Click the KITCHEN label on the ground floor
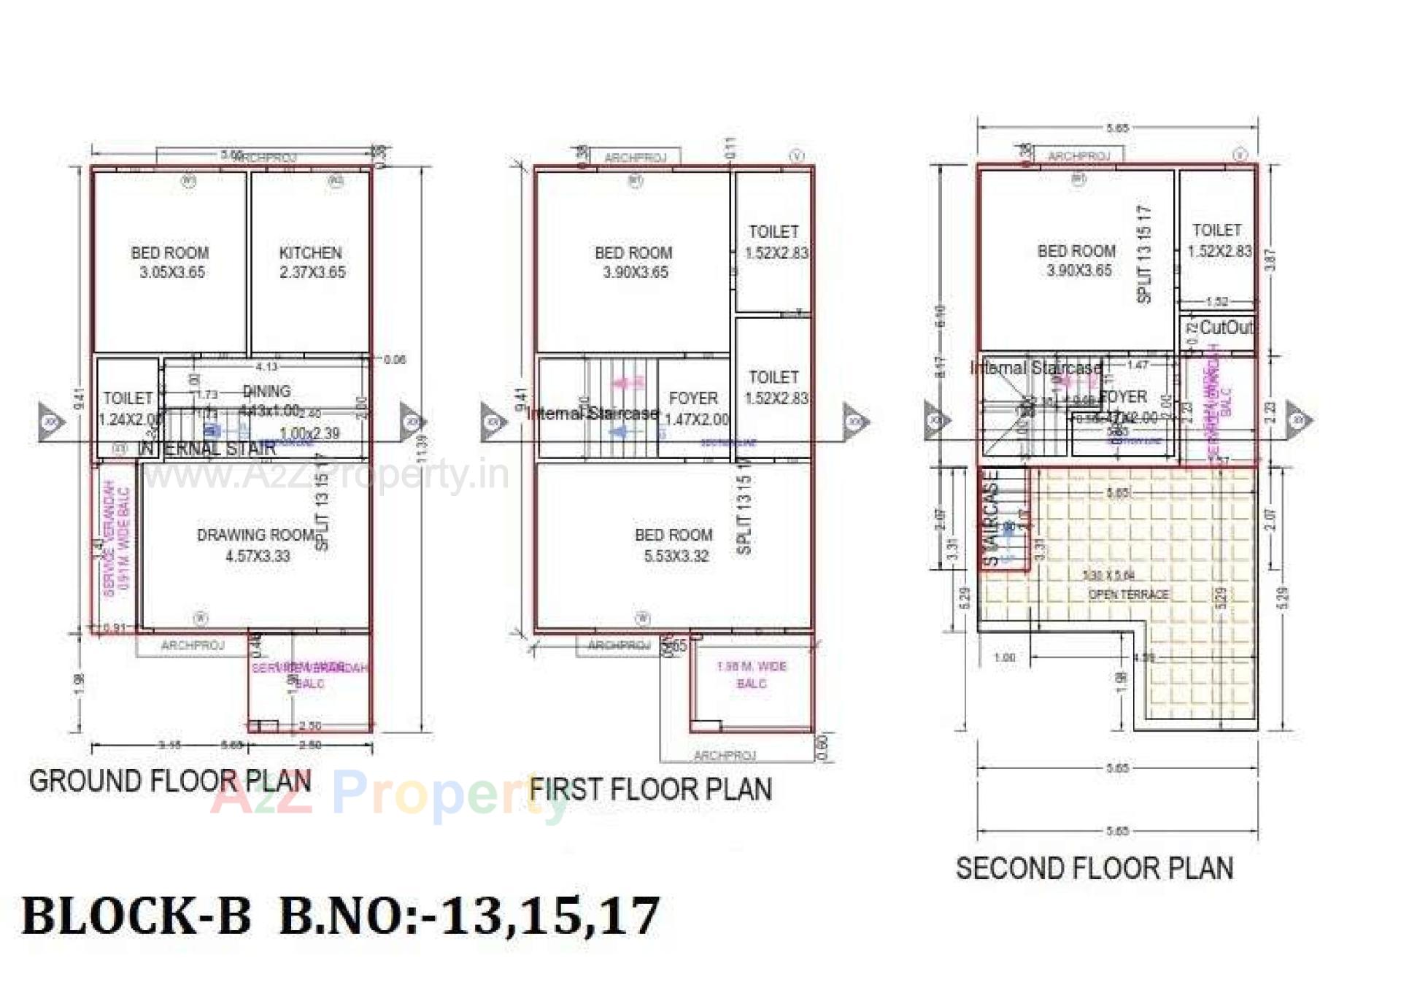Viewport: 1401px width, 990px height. [x=311, y=254]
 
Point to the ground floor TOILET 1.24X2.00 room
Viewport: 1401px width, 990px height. [x=128, y=408]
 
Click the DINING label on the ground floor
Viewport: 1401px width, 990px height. [x=266, y=391]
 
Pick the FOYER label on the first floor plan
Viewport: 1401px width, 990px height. [x=693, y=398]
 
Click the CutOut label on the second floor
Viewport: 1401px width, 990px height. [x=1225, y=328]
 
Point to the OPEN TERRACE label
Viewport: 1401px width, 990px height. [x=1128, y=595]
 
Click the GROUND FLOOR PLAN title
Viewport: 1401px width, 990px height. [x=170, y=781]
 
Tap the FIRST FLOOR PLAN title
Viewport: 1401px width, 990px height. [x=650, y=790]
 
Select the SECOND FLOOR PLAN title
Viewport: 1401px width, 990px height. [x=1095, y=869]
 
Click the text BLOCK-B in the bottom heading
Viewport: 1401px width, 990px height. [x=136, y=916]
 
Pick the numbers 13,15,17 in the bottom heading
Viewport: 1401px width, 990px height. [x=551, y=916]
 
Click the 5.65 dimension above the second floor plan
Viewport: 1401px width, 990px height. [x=1117, y=128]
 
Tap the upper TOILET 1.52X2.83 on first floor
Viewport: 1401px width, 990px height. [x=775, y=241]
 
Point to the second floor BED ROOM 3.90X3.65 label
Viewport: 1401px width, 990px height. [x=1077, y=260]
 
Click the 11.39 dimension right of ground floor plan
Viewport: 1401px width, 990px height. [x=421, y=447]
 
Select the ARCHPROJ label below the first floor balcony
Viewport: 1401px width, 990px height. [x=725, y=755]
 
